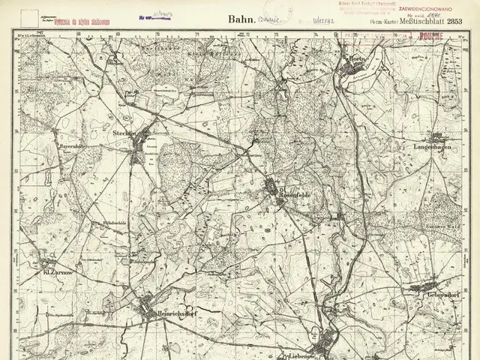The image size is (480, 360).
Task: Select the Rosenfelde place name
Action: point(294,195)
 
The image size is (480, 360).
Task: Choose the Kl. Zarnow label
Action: point(57,272)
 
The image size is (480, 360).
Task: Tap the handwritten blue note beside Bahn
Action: point(267,22)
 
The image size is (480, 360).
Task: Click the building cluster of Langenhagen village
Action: point(438,137)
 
